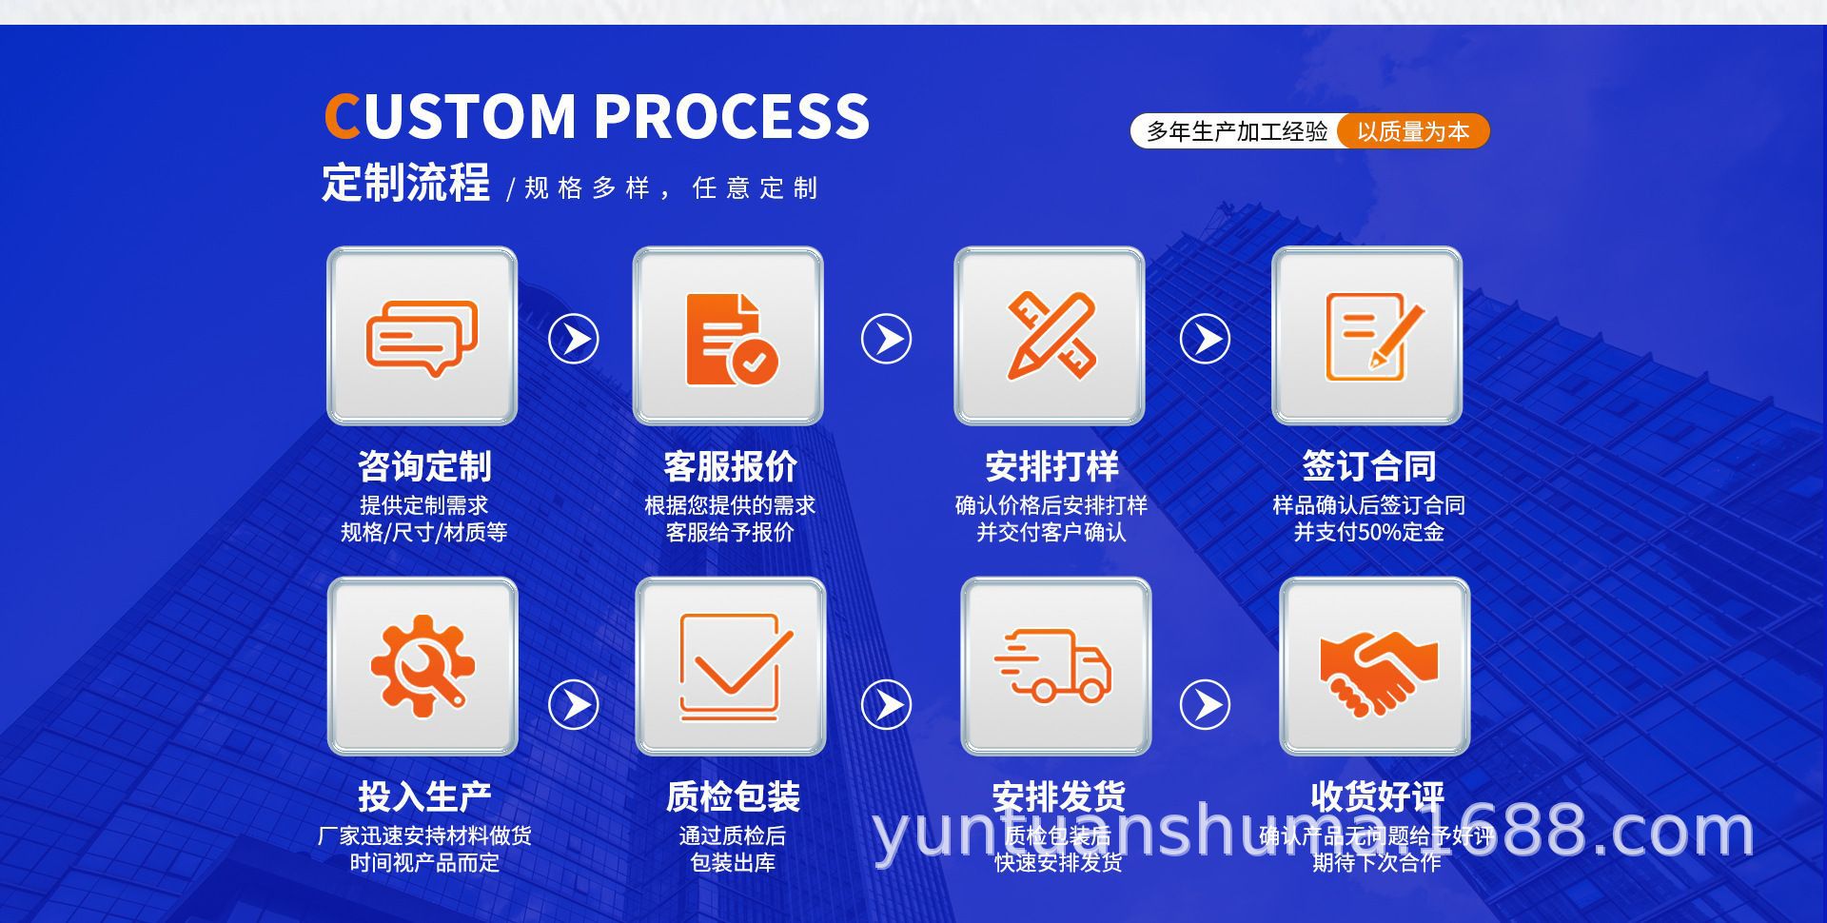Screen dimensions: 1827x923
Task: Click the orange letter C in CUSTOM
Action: coord(341,116)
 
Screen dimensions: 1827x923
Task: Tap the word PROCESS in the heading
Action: coord(732,116)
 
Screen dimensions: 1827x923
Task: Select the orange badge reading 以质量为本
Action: coord(1412,131)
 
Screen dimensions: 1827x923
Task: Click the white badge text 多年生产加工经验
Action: coord(1236,131)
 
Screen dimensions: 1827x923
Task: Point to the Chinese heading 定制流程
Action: coord(406,183)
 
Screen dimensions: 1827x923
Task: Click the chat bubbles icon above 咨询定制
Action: coord(422,337)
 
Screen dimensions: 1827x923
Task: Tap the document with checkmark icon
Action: coord(729,337)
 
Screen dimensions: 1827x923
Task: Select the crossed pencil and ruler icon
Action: coord(1050,337)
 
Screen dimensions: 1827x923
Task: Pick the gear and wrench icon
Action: coord(422,666)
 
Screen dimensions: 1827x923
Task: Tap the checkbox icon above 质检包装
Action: coord(731,666)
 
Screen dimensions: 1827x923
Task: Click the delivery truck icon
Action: coord(1055,666)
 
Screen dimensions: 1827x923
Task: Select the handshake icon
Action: coord(1375,666)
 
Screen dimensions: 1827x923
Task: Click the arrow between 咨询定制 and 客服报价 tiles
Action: coord(574,339)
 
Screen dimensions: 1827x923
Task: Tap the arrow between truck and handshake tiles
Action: coord(1206,705)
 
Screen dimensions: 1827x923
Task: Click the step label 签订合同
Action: coord(1368,466)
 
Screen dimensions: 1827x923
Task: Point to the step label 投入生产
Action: coord(424,796)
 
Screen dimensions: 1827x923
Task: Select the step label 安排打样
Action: coord(1051,466)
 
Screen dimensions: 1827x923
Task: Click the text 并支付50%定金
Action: coord(1368,532)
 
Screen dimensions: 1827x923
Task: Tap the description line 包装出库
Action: coord(733,863)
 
